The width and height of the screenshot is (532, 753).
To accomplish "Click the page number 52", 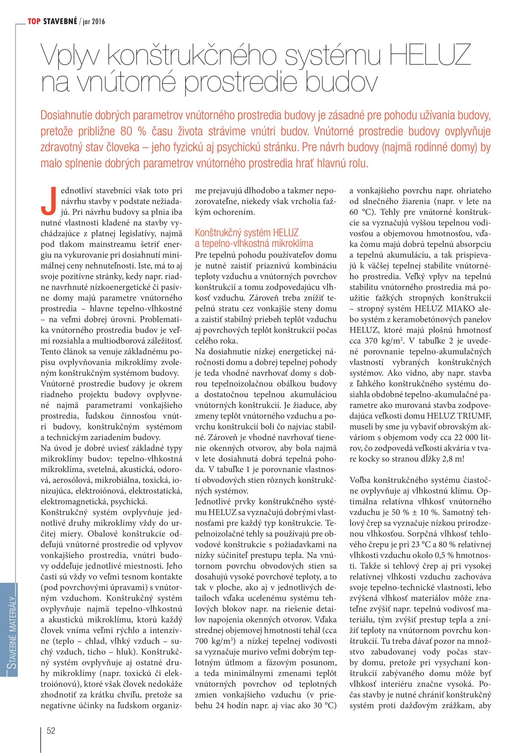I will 51,731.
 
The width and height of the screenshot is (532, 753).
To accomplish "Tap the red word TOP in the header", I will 34,21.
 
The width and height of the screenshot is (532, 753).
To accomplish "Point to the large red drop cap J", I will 48,201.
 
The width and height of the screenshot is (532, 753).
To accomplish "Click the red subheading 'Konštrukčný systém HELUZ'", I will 246,233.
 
